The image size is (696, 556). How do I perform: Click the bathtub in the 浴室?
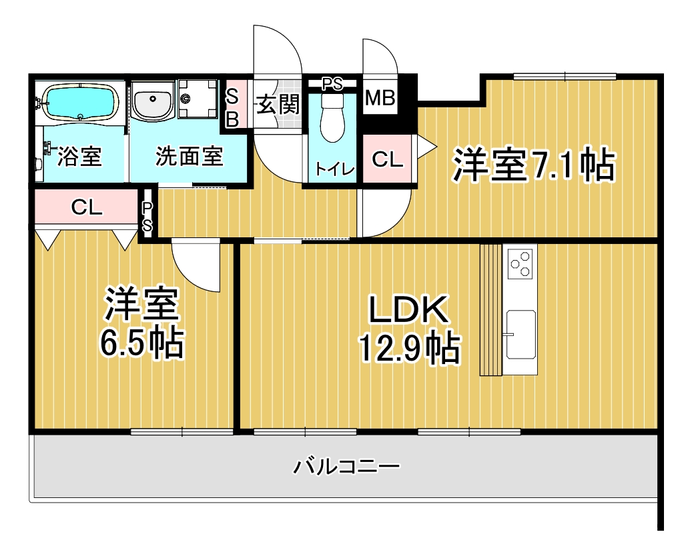tap(80, 102)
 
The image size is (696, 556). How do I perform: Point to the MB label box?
tap(380, 97)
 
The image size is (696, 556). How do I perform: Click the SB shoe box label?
tap(233, 107)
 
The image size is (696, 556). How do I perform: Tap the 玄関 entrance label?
tap(278, 105)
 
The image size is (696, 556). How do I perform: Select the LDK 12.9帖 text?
tap(409, 328)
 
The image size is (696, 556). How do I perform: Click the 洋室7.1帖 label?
tap(534, 165)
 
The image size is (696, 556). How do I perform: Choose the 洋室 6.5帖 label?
tap(142, 323)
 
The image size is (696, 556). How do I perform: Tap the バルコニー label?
tap(346, 466)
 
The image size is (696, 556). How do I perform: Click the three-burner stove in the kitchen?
tap(520, 264)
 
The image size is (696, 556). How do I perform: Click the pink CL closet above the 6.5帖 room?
tap(86, 207)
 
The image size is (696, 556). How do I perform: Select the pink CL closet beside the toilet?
tap(388, 159)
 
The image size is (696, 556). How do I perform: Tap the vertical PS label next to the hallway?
tap(147, 217)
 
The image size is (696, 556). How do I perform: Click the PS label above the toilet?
tap(332, 83)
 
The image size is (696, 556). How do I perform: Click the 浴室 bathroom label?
tap(80, 156)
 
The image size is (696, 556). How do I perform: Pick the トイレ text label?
tap(335, 169)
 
